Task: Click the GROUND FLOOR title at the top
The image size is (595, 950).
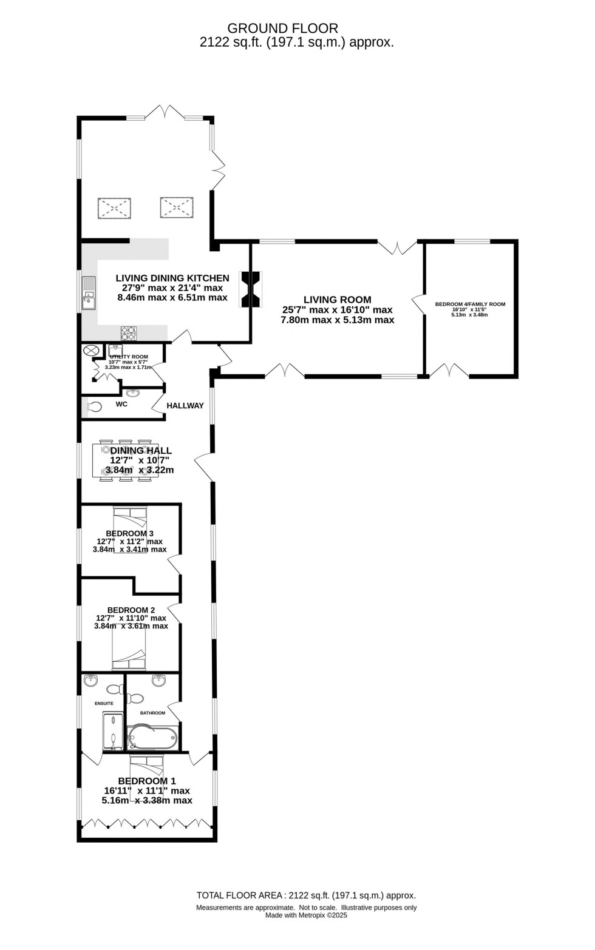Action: pyautogui.click(x=282, y=28)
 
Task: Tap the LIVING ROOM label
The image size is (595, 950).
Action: pyautogui.click(x=337, y=300)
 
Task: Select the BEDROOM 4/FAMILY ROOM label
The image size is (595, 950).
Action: pyautogui.click(x=470, y=305)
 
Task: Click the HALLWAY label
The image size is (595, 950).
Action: pyautogui.click(x=185, y=406)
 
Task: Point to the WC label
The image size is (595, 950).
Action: pyautogui.click(x=121, y=404)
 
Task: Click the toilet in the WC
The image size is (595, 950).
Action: pyautogui.click(x=94, y=407)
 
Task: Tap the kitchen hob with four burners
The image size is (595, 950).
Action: pyautogui.click(x=129, y=333)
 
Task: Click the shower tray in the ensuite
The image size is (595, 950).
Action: pyautogui.click(x=112, y=732)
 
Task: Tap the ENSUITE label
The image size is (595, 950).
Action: pyautogui.click(x=104, y=704)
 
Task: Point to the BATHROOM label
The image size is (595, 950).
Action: pyautogui.click(x=152, y=713)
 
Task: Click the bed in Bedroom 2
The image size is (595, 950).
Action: pyautogui.click(x=129, y=649)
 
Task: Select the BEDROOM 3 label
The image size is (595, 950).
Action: pyautogui.click(x=129, y=533)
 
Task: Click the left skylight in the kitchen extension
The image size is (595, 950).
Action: pyautogui.click(x=114, y=208)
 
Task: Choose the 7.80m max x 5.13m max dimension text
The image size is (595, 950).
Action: pyautogui.click(x=337, y=320)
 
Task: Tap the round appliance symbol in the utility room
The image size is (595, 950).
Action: pyautogui.click(x=92, y=351)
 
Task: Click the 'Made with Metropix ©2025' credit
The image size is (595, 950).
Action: pyautogui.click(x=306, y=915)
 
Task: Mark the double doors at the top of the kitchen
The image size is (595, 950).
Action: pyautogui.click(x=165, y=113)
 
